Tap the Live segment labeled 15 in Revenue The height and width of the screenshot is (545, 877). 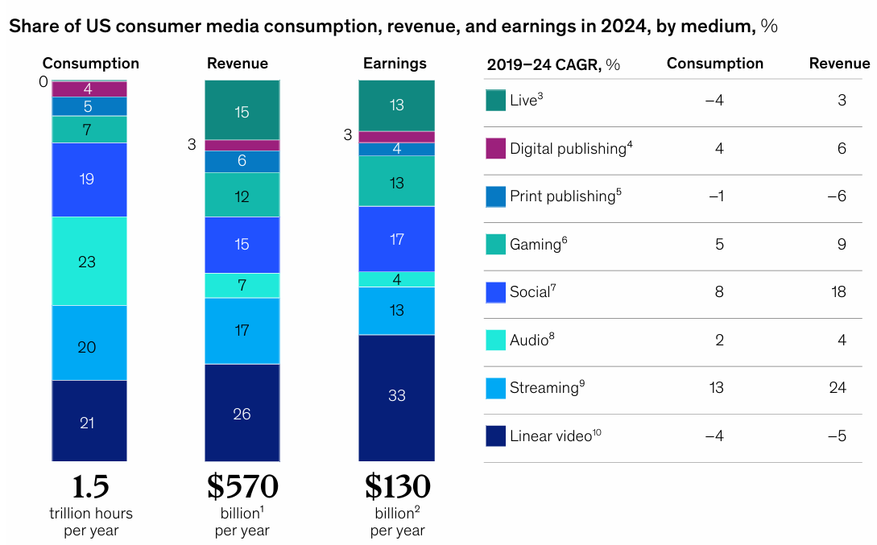(x=242, y=110)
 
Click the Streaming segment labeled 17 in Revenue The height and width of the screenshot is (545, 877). (x=242, y=330)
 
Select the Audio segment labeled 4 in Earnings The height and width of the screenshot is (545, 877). (x=396, y=279)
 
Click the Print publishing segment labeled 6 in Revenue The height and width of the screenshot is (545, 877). (x=242, y=161)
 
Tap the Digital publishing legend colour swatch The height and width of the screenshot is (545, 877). (x=495, y=148)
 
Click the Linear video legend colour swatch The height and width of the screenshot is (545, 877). (x=495, y=436)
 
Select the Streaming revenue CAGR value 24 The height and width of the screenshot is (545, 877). (x=838, y=388)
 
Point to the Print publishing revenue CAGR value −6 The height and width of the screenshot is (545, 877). (x=838, y=196)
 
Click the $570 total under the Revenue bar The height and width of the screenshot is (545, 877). (x=242, y=486)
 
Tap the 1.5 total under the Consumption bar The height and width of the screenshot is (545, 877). (x=90, y=486)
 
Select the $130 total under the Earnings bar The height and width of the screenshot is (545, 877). (x=397, y=486)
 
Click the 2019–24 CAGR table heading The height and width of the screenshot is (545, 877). (x=553, y=64)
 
